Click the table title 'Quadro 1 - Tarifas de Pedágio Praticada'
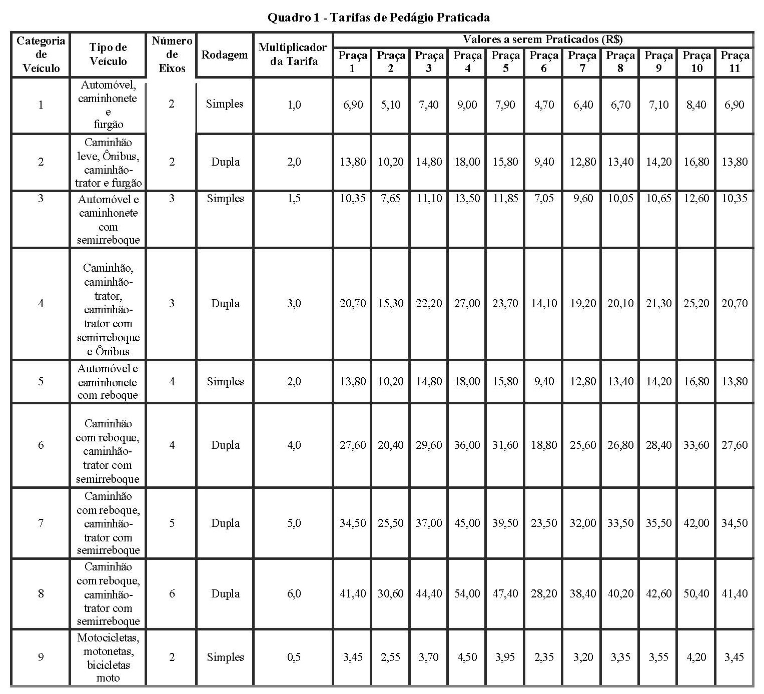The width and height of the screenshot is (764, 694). (378, 18)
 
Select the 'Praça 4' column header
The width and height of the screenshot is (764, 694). (467, 62)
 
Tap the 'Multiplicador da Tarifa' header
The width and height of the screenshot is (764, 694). (293, 55)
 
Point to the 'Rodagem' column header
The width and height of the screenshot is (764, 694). (225, 55)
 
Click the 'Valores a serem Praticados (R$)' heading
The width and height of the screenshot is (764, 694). (542, 39)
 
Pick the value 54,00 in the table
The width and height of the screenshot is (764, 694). (467, 593)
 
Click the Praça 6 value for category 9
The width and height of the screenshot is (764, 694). (543, 657)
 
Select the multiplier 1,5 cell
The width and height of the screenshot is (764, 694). (294, 199)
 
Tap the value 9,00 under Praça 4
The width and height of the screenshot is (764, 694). (467, 105)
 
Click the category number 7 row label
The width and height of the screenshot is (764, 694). (41, 523)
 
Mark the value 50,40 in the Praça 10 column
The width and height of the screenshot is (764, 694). (696, 593)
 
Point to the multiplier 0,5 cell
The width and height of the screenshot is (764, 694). (294, 657)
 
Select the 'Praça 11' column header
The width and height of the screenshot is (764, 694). (734, 62)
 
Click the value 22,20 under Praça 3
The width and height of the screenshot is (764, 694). (429, 303)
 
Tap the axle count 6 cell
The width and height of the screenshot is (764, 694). (172, 593)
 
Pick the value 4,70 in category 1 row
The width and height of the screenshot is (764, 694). (543, 105)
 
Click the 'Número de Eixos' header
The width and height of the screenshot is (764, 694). (172, 55)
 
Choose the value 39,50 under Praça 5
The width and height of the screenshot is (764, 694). (505, 523)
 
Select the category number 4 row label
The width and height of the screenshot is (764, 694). (41, 303)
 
